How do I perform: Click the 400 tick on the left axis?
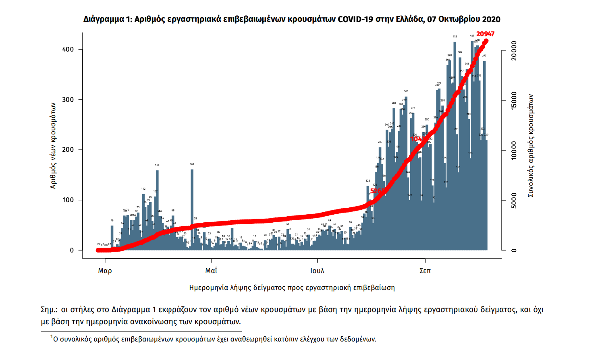point(68,50)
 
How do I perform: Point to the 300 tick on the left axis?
point(68,100)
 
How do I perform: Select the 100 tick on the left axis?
point(68,200)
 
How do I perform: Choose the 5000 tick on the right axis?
point(513,201)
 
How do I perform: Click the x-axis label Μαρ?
point(105,271)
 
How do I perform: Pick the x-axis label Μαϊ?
point(211,271)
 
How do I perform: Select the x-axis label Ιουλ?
point(317,271)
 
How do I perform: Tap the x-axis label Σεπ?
point(425,271)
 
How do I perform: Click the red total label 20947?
point(485,34)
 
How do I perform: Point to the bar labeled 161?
point(192,209)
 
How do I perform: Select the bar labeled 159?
point(157,209)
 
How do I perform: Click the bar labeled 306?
point(406,173)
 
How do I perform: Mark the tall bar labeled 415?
point(455,145)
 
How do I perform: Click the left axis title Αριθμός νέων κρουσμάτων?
point(53,145)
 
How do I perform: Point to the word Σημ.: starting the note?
point(49,310)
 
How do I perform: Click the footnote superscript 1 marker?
point(52,337)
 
